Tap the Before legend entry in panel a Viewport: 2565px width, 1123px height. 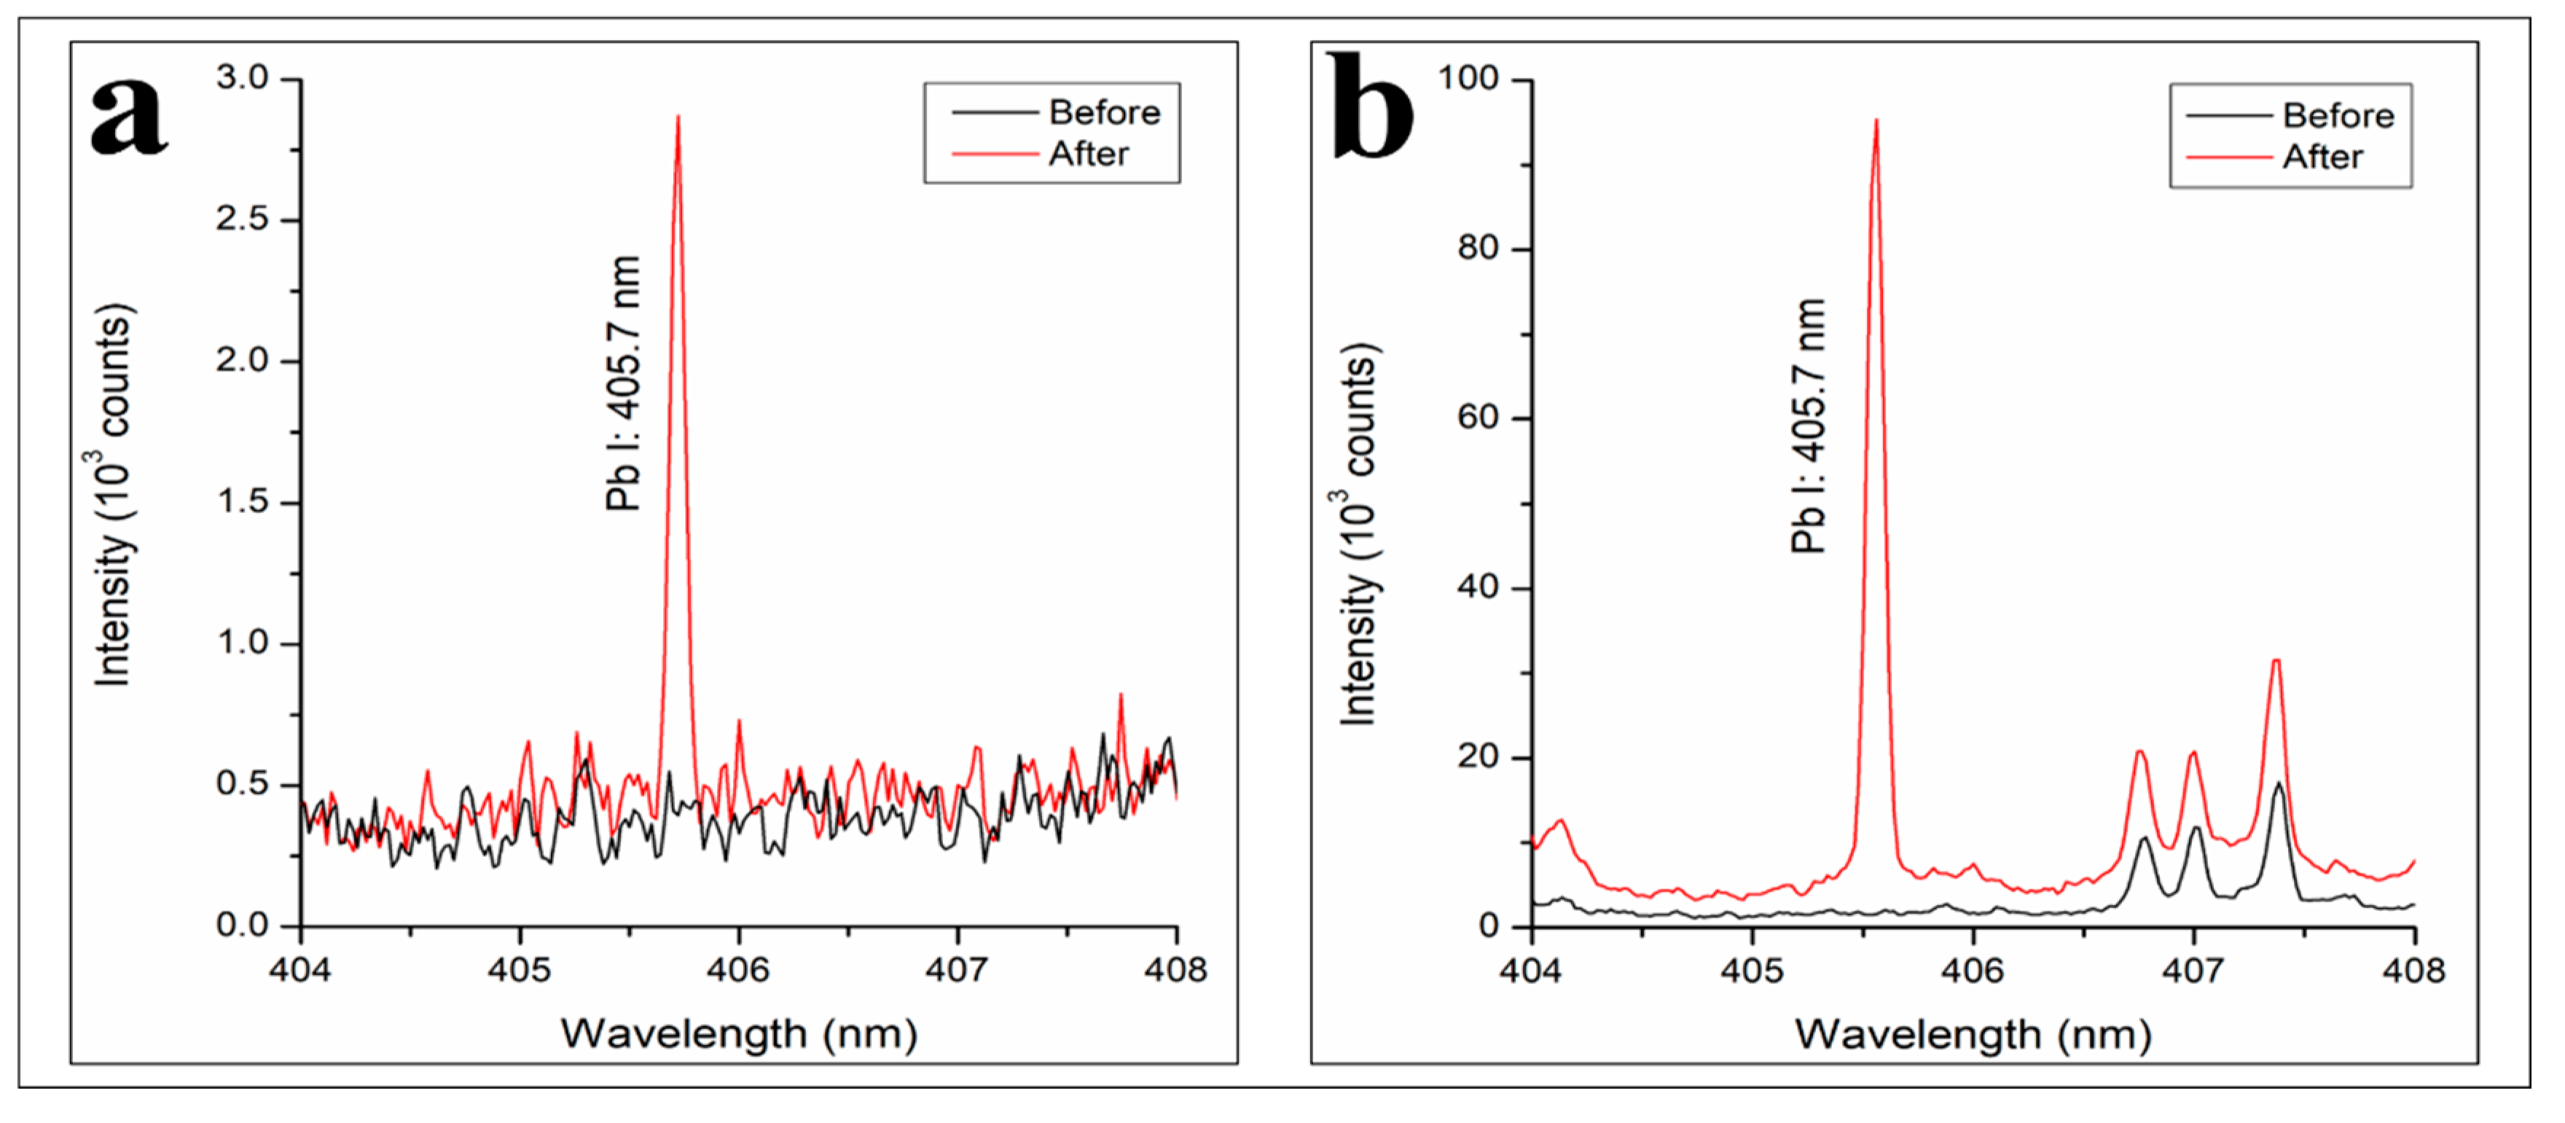(1103, 112)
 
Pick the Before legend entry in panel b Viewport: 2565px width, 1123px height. (2337, 115)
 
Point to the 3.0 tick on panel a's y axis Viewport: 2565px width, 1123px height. (243, 78)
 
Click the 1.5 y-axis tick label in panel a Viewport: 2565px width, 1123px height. (243, 502)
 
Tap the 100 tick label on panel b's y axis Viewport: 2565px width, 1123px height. (1468, 79)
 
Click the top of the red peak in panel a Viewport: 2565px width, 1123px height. (678, 117)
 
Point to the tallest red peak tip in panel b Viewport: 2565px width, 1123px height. (1876, 122)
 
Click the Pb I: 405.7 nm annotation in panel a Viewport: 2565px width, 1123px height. (623, 383)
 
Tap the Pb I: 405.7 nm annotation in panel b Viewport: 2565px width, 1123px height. (1808, 426)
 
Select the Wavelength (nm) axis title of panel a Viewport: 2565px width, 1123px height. (738, 1034)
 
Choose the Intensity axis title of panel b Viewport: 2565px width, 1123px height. (1358, 535)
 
